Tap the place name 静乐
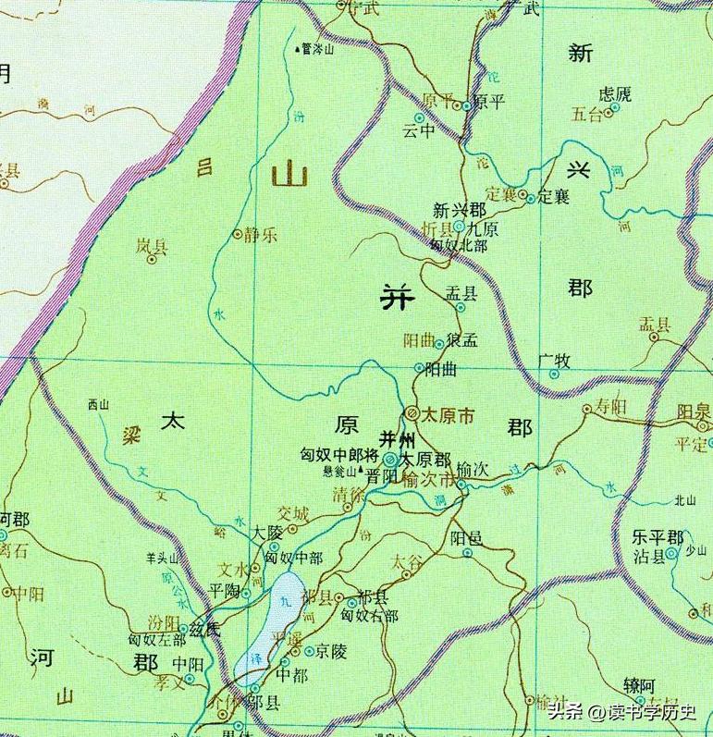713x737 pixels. (x=262, y=235)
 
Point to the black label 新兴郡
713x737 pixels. (x=459, y=210)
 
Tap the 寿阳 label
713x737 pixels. (x=610, y=406)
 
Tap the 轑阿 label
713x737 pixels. (x=639, y=685)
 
